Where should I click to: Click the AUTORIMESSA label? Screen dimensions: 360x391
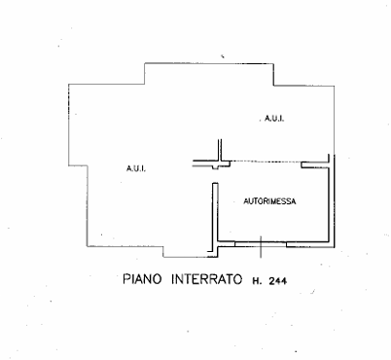click(267, 200)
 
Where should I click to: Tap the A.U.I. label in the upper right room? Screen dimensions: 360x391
click(272, 118)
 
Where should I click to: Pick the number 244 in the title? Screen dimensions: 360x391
click(283, 280)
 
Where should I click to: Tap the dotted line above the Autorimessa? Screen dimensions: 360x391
click(263, 162)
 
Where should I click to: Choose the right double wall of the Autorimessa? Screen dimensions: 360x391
click(334, 199)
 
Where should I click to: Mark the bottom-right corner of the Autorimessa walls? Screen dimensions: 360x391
click(333, 242)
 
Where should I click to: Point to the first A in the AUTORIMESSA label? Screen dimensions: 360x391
click(244, 200)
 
